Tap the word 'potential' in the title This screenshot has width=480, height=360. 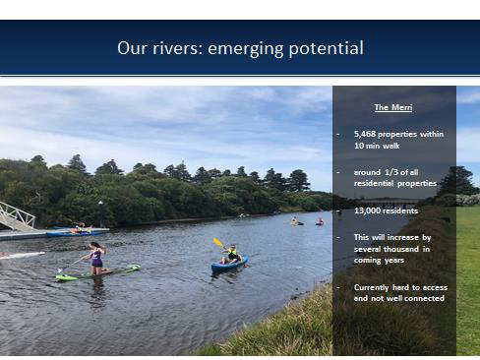click(327, 48)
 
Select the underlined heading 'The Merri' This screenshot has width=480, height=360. click(393, 107)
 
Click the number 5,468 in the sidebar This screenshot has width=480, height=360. click(365, 134)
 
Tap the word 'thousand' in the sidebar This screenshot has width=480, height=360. click(402, 249)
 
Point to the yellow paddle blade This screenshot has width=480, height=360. click(216, 242)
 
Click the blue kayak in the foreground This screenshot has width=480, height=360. click(229, 264)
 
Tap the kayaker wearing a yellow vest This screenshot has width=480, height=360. click(231, 254)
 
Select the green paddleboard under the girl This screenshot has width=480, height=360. click(98, 273)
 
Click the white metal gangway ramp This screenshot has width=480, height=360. click(17, 215)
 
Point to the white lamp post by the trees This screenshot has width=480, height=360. click(100, 213)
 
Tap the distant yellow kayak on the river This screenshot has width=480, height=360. click(297, 223)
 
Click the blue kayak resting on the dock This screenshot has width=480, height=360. click(76, 233)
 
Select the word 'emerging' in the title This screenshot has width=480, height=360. click(245, 49)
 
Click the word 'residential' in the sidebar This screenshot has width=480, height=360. click(374, 183)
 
